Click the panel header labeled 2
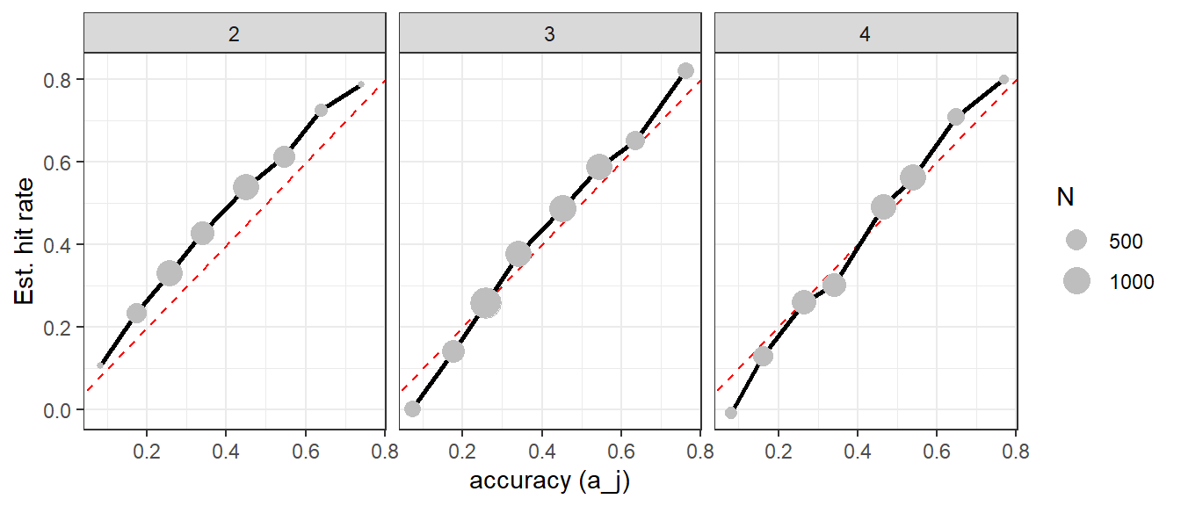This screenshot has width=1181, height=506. pyautogui.click(x=235, y=33)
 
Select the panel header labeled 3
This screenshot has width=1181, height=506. pyautogui.click(x=550, y=33)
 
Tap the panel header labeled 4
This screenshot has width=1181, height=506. pyautogui.click(x=866, y=33)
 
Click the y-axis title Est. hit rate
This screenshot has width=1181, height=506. pyautogui.click(x=24, y=241)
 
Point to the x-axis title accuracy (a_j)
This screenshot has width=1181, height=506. pyautogui.click(x=550, y=481)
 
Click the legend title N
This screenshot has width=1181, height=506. pyautogui.click(x=1066, y=197)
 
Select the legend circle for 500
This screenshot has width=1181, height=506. pyautogui.click(x=1076, y=241)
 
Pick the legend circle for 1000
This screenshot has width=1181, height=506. pyautogui.click(x=1076, y=281)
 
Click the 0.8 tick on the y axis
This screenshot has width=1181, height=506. pyautogui.click(x=57, y=80)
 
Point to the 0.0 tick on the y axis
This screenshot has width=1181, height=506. pyautogui.click(x=57, y=410)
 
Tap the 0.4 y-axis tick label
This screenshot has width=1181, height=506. pyautogui.click(x=57, y=245)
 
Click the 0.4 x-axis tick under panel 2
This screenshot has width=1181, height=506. pyautogui.click(x=226, y=452)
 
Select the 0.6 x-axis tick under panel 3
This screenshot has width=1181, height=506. pyautogui.click(x=621, y=452)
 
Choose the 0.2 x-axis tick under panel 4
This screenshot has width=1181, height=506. pyautogui.click(x=779, y=452)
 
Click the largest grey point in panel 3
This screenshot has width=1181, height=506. pyautogui.click(x=486, y=303)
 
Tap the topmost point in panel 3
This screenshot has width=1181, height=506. pyautogui.click(x=685, y=70)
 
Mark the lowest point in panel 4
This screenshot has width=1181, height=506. pyautogui.click(x=731, y=413)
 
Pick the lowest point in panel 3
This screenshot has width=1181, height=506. pyautogui.click(x=412, y=408)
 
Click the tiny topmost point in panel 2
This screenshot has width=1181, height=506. pyautogui.click(x=361, y=84)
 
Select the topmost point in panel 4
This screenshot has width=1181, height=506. pyautogui.click(x=1003, y=80)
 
